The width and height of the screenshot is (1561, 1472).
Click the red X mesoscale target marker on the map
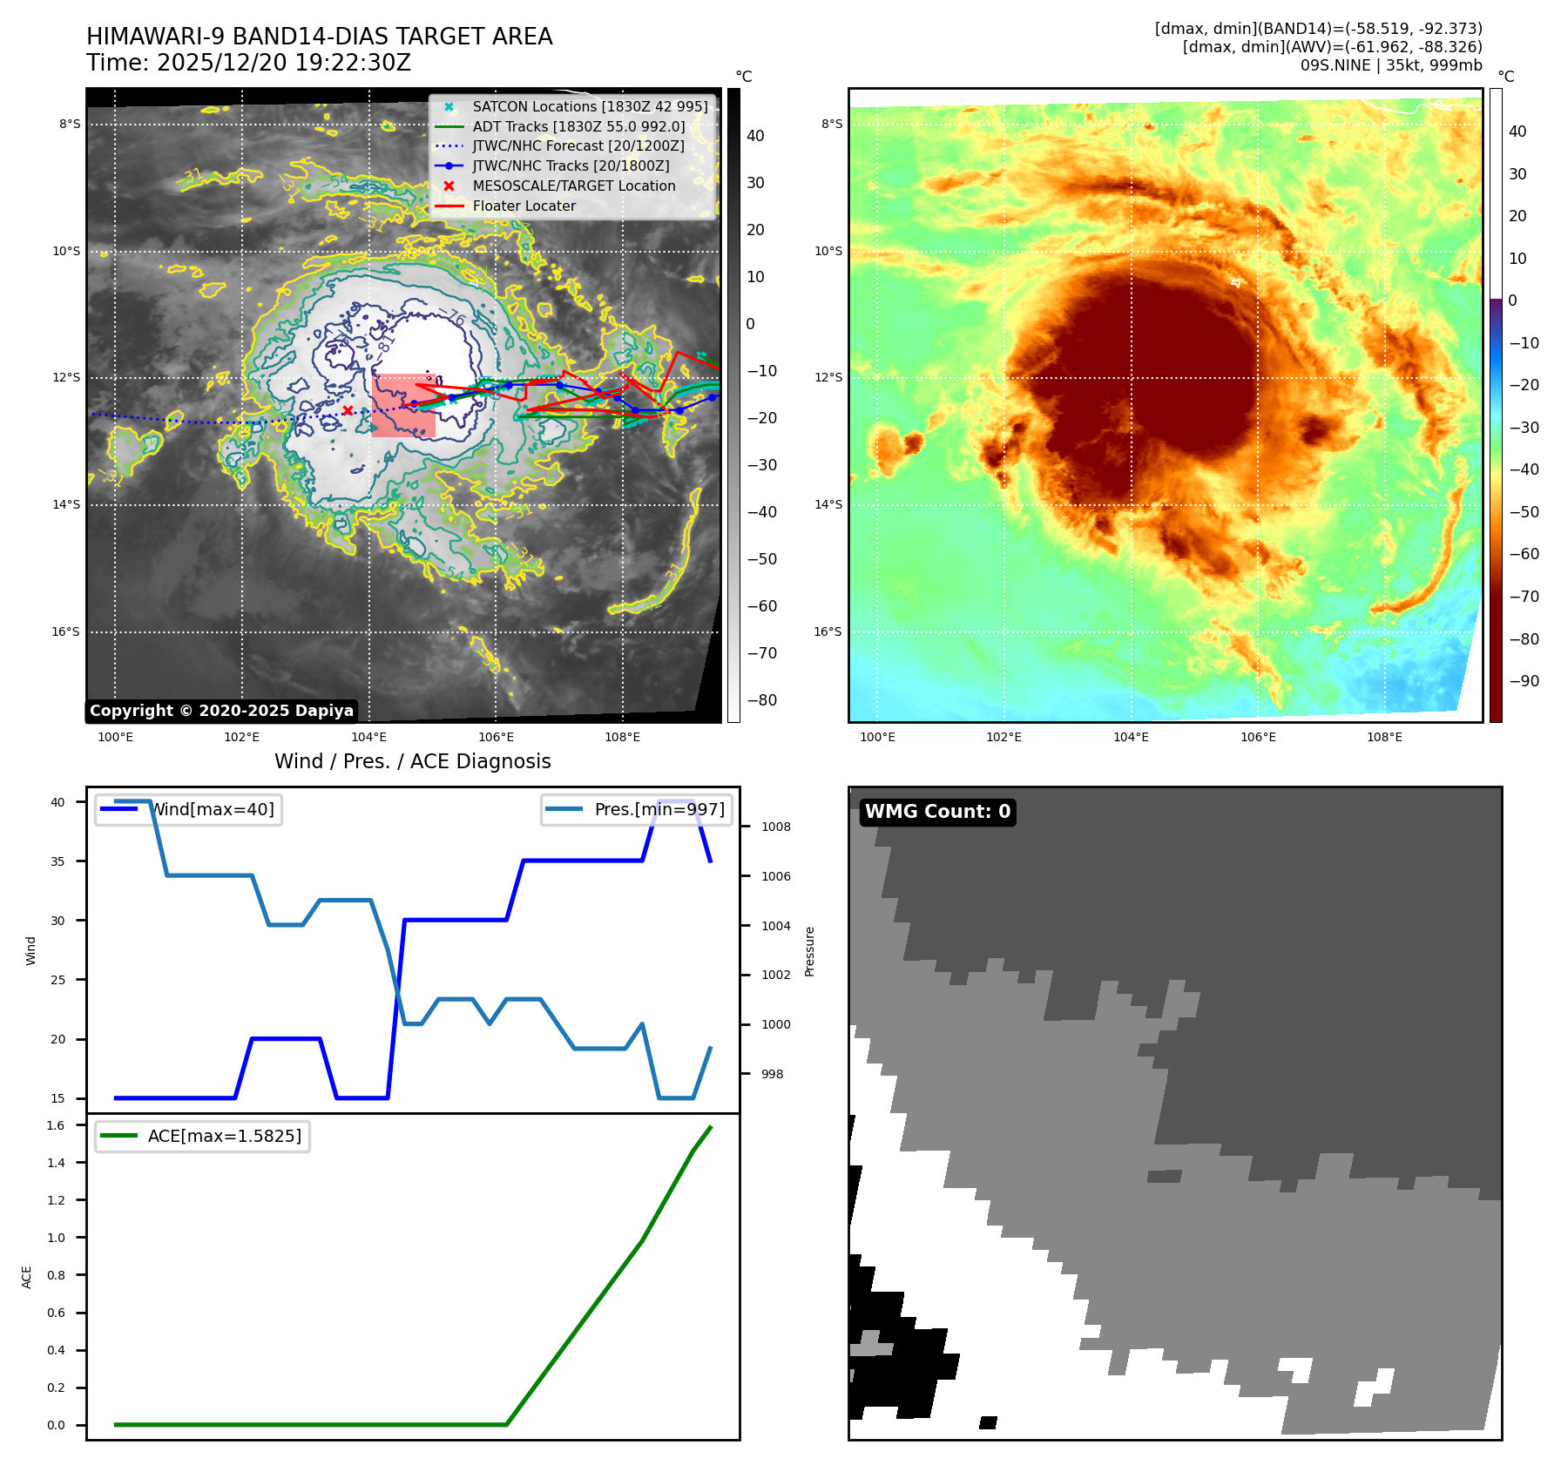click(x=348, y=410)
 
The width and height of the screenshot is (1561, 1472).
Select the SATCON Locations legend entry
click(x=590, y=106)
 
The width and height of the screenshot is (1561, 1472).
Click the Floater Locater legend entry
click(x=524, y=206)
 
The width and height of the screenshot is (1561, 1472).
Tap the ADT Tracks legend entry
click(x=578, y=126)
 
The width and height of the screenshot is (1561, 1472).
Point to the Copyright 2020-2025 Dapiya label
click(x=221, y=711)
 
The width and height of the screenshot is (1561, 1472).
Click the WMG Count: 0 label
click(x=937, y=812)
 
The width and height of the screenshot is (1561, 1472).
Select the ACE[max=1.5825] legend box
click(x=202, y=1136)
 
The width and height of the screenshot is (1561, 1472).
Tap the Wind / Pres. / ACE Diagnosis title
click(x=412, y=761)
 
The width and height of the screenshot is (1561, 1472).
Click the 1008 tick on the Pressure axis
click(x=775, y=827)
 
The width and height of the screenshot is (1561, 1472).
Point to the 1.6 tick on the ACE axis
click(x=56, y=1125)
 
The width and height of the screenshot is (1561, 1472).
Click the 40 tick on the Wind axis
click(x=57, y=802)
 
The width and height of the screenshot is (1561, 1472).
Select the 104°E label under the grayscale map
click(x=368, y=737)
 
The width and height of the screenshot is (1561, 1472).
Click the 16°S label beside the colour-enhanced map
click(x=828, y=631)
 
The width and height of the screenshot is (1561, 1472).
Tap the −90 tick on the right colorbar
click(x=1524, y=681)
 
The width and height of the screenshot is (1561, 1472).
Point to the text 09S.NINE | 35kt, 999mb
click(x=1391, y=65)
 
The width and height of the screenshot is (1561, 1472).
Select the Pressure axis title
click(x=809, y=951)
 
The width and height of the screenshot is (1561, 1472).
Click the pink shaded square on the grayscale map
click(x=404, y=406)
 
